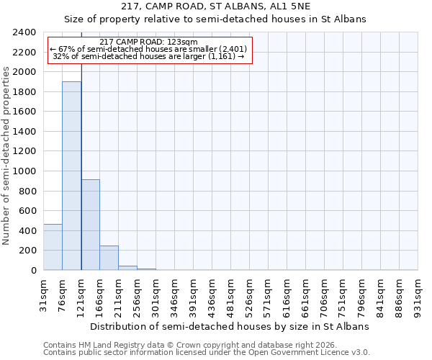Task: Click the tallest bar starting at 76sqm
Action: click(71, 176)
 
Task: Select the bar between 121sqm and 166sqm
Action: click(90, 225)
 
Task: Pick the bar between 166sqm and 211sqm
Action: click(109, 258)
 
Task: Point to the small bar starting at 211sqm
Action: click(127, 268)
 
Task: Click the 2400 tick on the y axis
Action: click(25, 32)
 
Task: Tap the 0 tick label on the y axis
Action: click(34, 271)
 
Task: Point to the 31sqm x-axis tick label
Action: click(43, 295)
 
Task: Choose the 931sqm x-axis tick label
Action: click(418, 295)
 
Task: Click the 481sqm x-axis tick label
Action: click(230, 295)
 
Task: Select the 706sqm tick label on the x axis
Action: click(324, 295)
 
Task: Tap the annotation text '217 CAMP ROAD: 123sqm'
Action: click(149, 42)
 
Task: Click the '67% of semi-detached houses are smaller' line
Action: click(149, 49)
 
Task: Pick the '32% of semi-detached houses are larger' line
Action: click(149, 56)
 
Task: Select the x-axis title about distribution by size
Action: click(229, 326)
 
